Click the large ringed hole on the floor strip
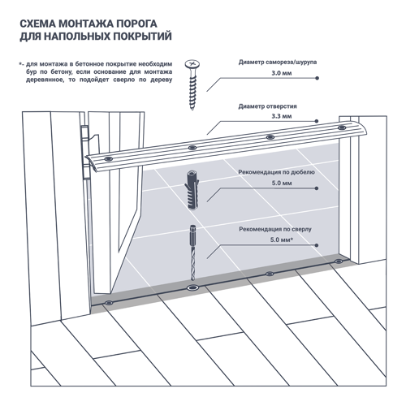point(193,287)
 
